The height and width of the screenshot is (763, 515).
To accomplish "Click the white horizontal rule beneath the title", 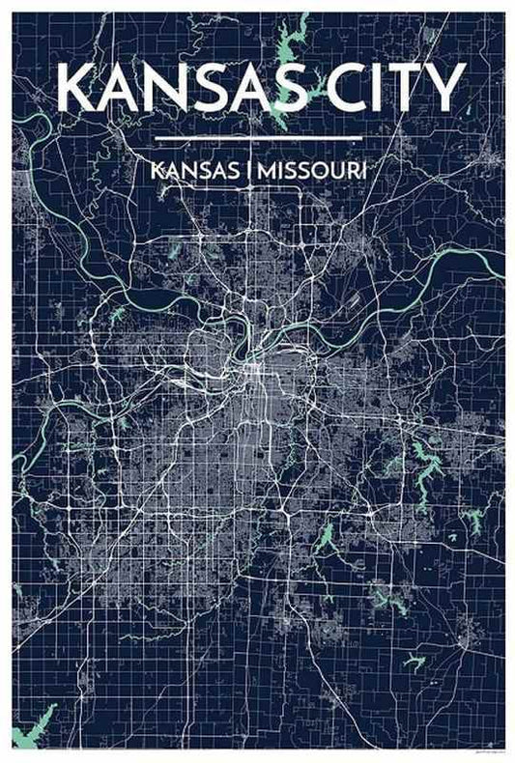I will coord(257,139).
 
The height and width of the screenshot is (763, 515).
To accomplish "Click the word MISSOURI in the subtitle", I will coord(309,170).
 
